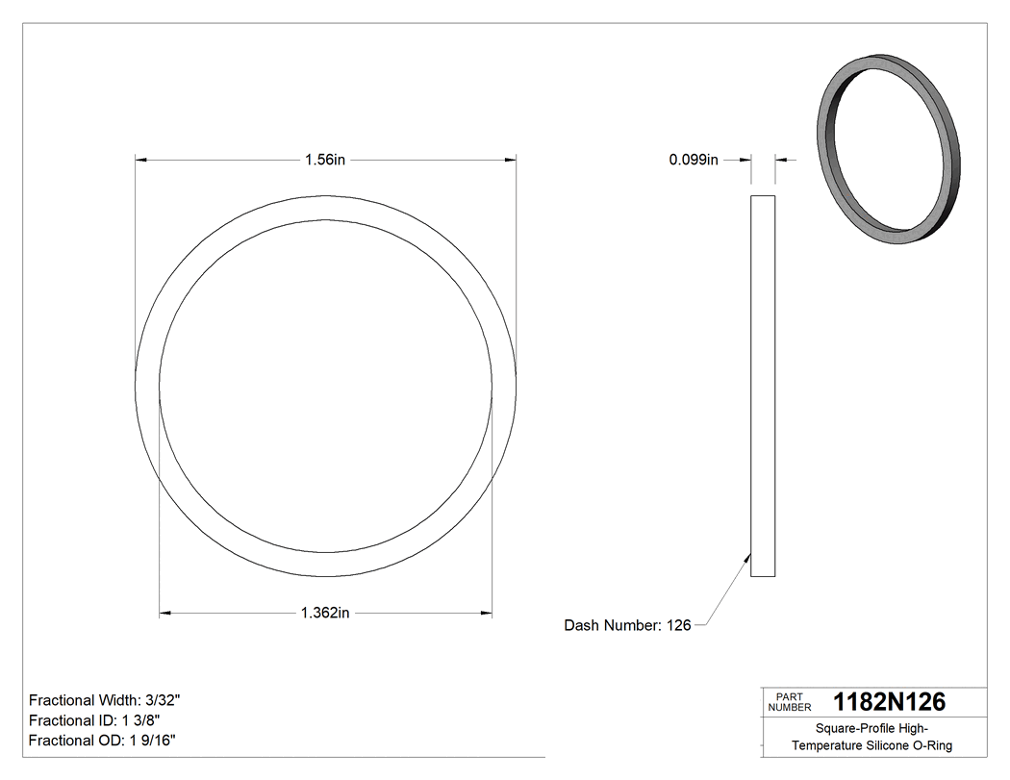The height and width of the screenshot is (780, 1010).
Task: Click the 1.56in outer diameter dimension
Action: (325, 161)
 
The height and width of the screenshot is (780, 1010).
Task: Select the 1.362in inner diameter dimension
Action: (325, 613)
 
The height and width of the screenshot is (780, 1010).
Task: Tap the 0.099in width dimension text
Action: (694, 161)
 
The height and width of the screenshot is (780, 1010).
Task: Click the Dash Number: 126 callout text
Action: (627, 625)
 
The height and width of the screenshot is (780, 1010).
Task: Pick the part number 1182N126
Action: (889, 701)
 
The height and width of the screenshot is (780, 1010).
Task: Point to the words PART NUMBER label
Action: (791, 702)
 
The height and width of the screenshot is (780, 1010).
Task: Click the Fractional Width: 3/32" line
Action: (103, 700)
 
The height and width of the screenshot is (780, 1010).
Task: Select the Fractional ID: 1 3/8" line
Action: (94, 720)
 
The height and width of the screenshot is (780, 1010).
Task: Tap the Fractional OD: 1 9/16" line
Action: (102, 741)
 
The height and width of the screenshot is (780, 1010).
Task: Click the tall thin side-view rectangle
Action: (762, 385)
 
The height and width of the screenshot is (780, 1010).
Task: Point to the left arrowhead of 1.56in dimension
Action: (140, 160)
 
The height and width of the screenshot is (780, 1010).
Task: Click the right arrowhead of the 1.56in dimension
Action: (511, 160)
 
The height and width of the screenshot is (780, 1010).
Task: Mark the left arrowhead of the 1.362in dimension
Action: (164, 613)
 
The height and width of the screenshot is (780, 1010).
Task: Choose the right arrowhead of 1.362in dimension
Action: (487, 613)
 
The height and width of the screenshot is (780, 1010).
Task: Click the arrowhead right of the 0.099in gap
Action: (780, 160)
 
